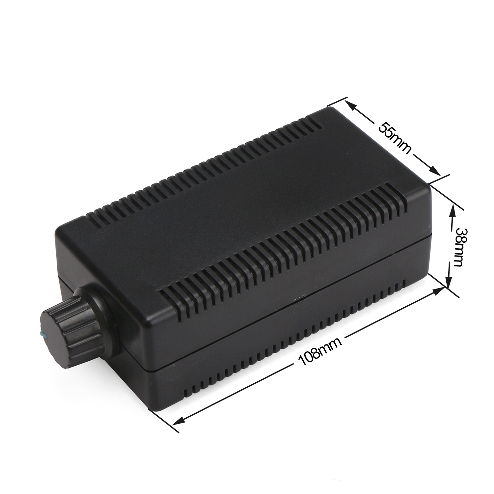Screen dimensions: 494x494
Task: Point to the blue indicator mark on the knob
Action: (42, 335)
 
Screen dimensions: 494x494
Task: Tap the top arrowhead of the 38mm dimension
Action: (452, 209)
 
